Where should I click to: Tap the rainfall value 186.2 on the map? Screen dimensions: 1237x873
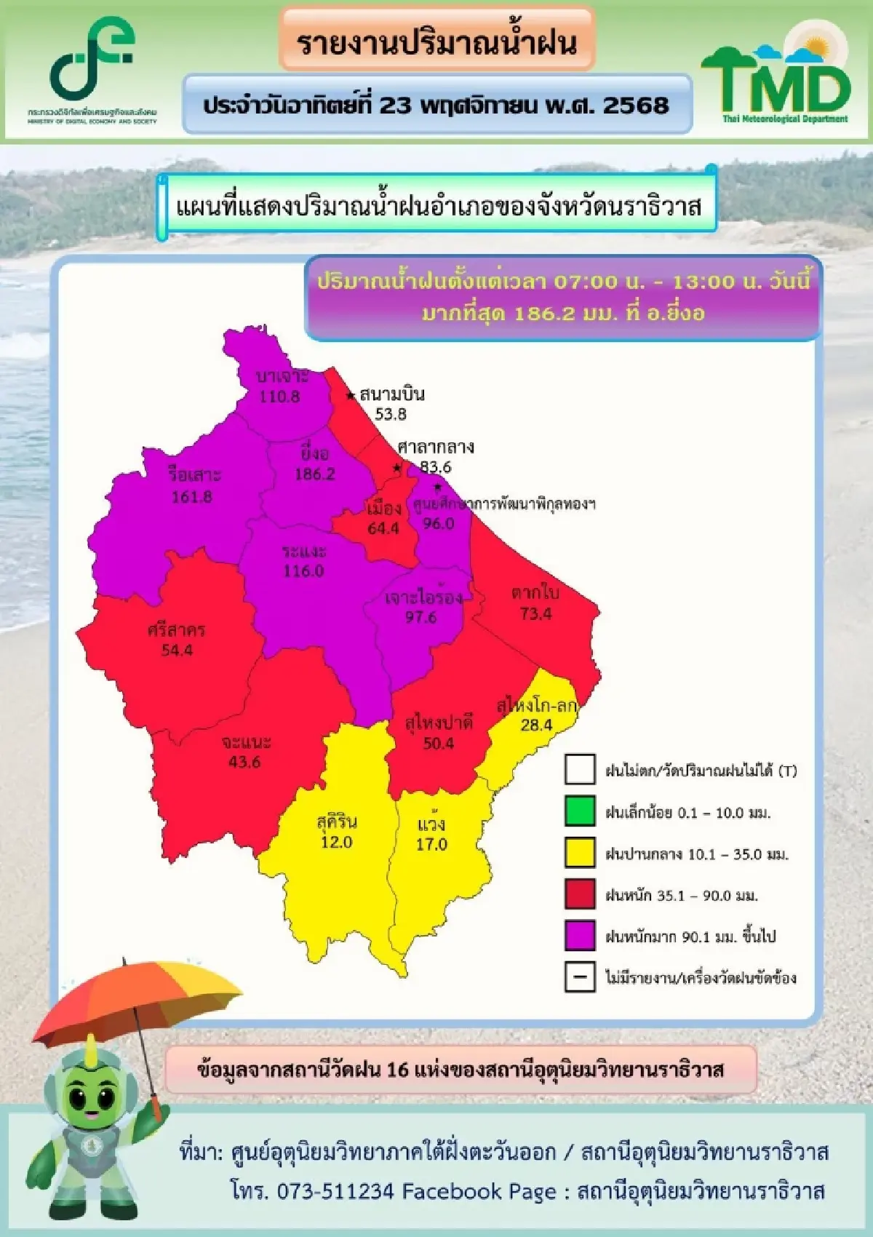(x=315, y=474)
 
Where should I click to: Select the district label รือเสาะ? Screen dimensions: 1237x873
(x=194, y=475)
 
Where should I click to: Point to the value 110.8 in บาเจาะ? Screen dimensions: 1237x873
(x=280, y=397)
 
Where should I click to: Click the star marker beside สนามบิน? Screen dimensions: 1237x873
(x=351, y=395)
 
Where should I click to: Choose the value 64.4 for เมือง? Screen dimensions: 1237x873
(x=383, y=528)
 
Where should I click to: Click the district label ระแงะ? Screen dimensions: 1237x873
(x=304, y=551)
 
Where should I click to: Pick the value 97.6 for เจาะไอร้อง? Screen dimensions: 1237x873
(x=420, y=617)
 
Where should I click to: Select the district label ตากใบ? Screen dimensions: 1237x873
(x=535, y=592)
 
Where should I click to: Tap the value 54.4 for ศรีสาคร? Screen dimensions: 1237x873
(x=177, y=650)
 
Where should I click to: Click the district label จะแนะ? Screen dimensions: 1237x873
(x=247, y=742)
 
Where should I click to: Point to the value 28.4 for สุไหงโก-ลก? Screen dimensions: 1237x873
(x=536, y=725)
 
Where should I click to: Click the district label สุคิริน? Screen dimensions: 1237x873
(x=337, y=822)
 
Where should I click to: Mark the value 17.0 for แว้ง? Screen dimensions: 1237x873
(x=431, y=844)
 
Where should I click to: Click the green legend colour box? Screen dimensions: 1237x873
(x=580, y=811)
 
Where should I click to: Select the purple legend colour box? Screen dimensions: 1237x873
(x=580, y=935)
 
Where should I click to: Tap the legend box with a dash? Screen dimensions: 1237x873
(x=580, y=977)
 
